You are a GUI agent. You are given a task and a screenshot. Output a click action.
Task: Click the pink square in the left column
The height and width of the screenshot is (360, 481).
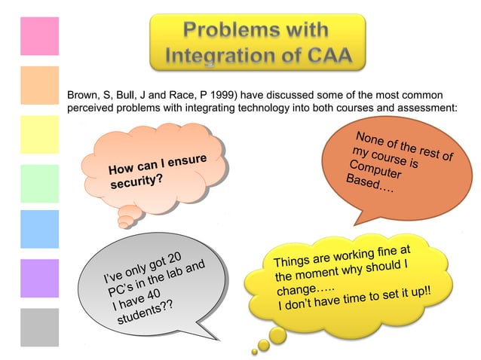[39, 36]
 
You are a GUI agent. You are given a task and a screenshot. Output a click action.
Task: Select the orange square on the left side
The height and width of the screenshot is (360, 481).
[39, 85]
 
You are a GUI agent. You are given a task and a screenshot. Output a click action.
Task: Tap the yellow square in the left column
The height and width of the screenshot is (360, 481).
[39, 134]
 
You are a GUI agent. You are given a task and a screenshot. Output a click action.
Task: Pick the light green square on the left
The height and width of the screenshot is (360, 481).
[39, 183]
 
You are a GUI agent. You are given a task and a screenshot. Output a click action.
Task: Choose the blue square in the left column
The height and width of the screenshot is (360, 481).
[39, 230]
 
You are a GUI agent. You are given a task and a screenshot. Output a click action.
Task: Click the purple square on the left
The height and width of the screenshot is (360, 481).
[39, 279]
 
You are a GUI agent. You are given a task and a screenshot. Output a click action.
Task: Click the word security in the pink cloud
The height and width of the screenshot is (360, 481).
[135, 183]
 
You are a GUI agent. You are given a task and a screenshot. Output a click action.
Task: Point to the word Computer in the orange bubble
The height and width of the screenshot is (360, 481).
[374, 169]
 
